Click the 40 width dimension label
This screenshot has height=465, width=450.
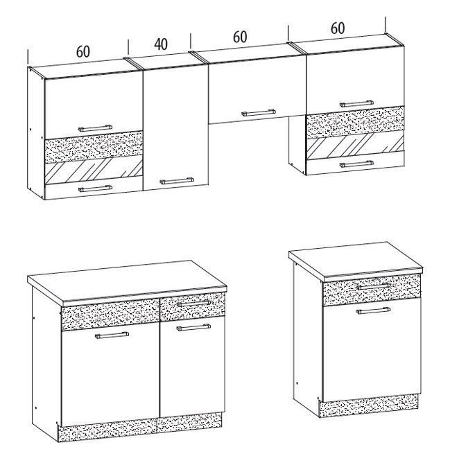coord(161,44)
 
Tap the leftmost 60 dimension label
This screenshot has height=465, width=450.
coord(83,51)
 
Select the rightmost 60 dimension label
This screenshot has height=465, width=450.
coord(338,28)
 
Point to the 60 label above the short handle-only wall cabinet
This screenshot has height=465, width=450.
coord(240,37)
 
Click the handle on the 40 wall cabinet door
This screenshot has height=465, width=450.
coord(177,181)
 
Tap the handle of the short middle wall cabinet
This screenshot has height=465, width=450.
coord(259,113)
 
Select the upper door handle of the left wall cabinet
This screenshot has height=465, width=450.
coord(95,128)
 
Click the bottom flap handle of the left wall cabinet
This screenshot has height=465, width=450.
coord(95,188)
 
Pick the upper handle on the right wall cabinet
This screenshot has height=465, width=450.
coord(356,103)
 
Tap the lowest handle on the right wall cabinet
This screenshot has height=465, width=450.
coord(356,164)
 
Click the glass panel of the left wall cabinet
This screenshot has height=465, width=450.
coord(94,170)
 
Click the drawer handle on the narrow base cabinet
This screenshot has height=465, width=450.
coord(373,286)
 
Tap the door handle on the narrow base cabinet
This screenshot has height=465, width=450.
coord(373,310)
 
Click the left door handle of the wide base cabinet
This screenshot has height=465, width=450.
coord(112,335)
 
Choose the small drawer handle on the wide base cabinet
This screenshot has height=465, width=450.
coord(193,303)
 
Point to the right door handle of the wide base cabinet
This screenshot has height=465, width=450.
coord(193,327)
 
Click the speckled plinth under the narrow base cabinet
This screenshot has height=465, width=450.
coord(369,405)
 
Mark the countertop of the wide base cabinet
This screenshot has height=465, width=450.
coord(127,282)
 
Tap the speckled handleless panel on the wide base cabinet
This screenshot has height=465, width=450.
coord(110,315)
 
